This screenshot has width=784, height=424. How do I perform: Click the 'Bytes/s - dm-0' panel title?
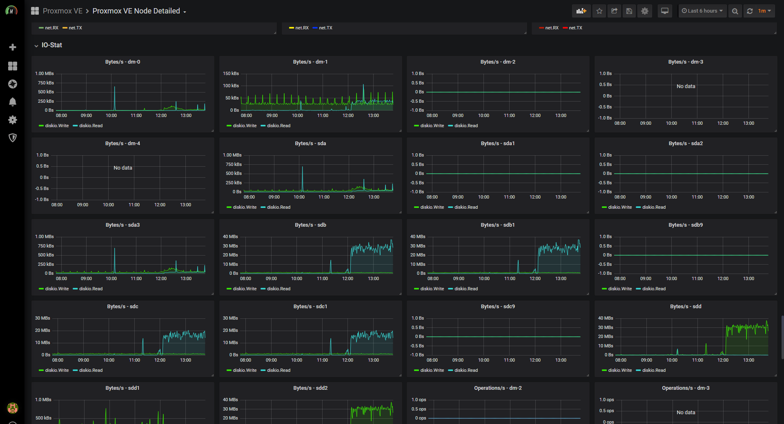[122, 62]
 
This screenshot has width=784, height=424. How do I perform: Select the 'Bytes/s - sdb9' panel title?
[686, 225]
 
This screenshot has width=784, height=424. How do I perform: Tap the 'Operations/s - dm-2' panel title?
[498, 388]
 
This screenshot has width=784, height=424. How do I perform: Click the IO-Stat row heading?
[52, 45]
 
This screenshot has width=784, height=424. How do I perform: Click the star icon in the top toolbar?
[599, 11]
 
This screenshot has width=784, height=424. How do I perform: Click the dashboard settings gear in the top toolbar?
[645, 11]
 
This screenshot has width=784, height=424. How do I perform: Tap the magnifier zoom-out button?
[735, 11]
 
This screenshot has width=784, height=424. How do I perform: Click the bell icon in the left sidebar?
[13, 102]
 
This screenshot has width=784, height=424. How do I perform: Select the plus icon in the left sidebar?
[13, 47]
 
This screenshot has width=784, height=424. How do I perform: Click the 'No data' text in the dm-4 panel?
[123, 168]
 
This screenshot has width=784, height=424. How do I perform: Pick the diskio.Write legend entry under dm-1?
[241, 126]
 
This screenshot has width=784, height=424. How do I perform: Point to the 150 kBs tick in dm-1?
[231, 74]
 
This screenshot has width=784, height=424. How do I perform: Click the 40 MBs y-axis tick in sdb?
[230, 237]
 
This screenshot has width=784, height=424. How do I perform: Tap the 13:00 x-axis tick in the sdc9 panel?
[561, 360]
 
